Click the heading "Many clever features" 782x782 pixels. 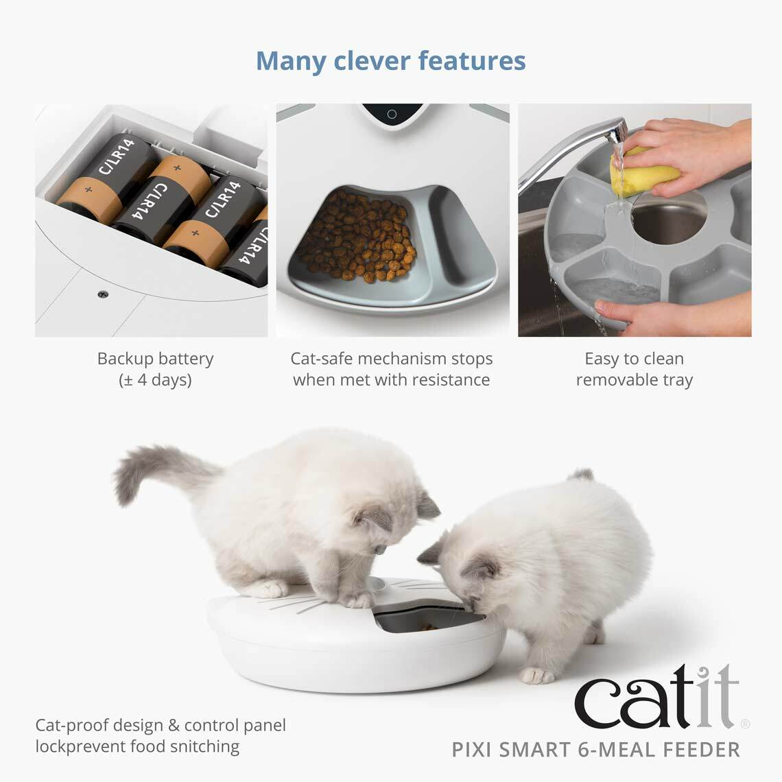(391, 60)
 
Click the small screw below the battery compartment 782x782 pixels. (104, 294)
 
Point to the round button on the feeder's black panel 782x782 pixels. (392, 114)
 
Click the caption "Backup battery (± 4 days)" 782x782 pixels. (155, 369)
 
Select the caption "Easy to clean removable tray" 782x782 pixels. (635, 369)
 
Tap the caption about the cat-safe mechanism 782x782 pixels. (391, 369)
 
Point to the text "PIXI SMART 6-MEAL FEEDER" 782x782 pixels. (596, 749)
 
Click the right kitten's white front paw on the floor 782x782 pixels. (536, 675)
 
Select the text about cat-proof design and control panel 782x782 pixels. (161, 735)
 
